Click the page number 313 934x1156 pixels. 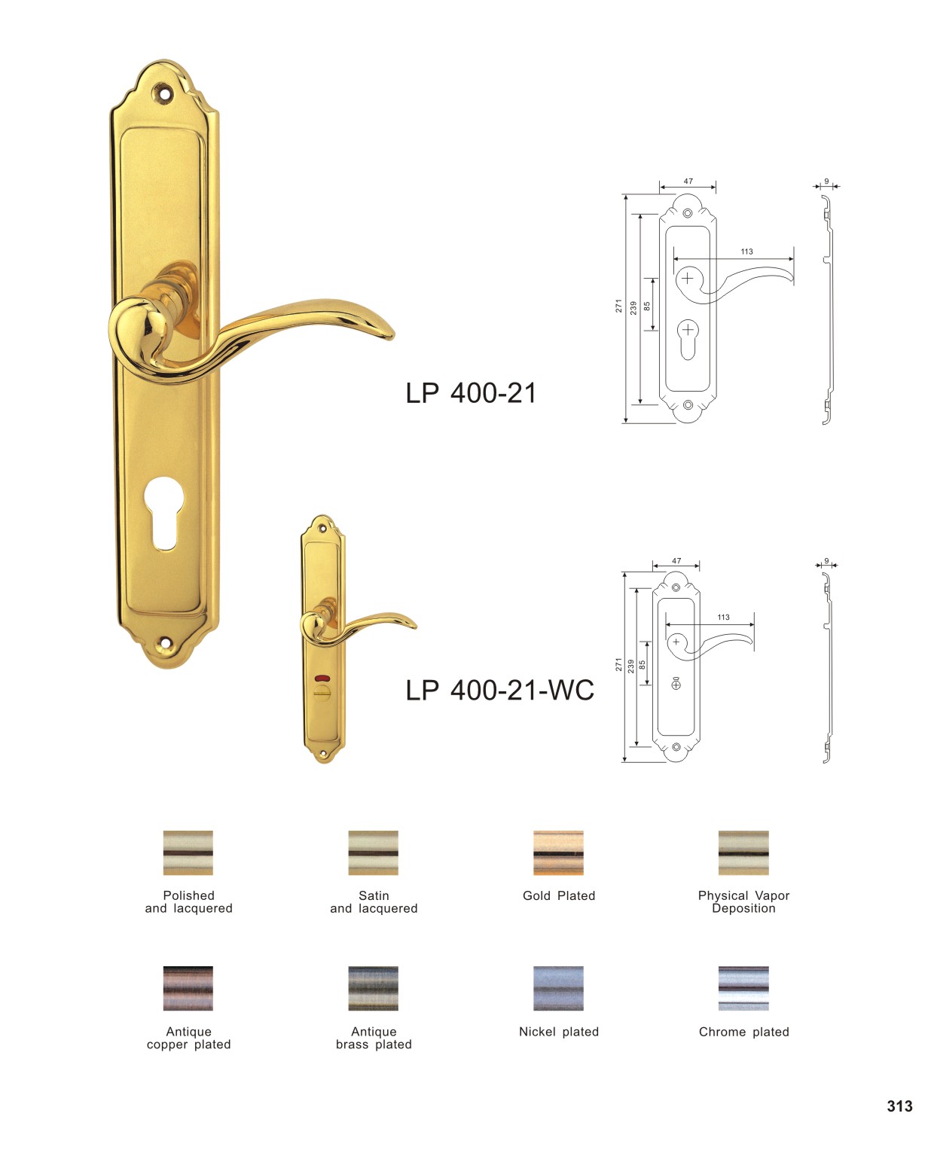(x=899, y=1106)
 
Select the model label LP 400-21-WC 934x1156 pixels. (x=499, y=691)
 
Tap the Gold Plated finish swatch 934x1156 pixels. (x=558, y=852)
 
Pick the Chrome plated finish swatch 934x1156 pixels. (x=743, y=988)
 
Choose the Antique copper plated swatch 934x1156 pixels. (x=188, y=988)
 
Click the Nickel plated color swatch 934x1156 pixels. (x=558, y=988)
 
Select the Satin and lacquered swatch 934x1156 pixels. (x=373, y=852)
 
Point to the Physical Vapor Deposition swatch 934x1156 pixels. (x=743, y=852)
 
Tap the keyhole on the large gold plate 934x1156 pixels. (x=165, y=512)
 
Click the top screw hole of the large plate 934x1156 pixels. (x=163, y=93)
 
